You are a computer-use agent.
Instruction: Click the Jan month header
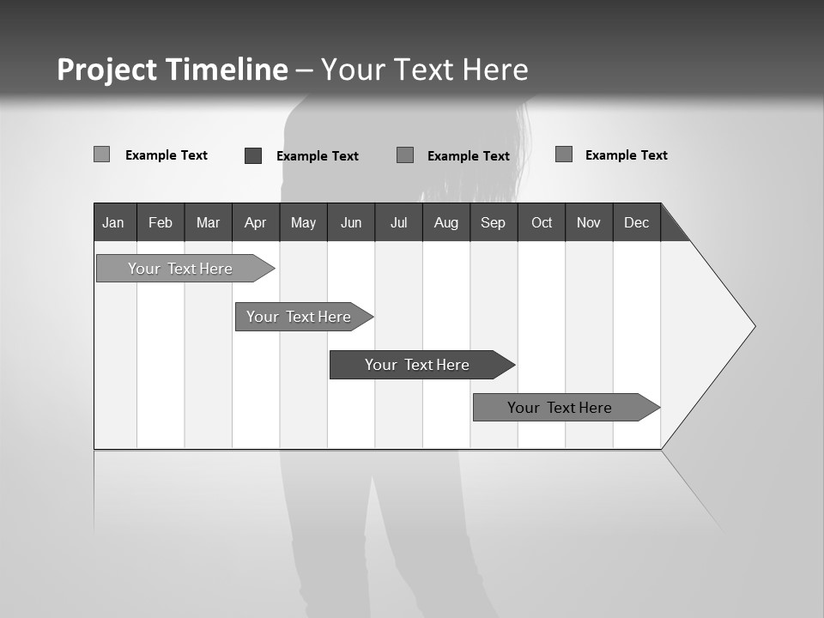pos(114,222)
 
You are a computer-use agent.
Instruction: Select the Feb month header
pos(161,222)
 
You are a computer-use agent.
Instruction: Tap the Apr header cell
pos(255,222)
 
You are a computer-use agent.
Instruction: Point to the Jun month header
pos(351,222)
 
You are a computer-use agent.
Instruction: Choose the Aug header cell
pos(445,222)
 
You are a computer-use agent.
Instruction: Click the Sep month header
pos(494,222)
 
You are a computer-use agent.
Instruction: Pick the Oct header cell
pos(542,222)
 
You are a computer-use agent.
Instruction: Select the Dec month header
pos(637,222)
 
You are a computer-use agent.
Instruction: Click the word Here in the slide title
pos(495,70)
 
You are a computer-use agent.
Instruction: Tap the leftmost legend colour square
pos(101,154)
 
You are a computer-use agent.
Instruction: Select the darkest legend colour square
pos(253,155)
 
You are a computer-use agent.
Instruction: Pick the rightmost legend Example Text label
pos(626,155)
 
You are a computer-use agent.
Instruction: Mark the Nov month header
pos(589,222)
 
